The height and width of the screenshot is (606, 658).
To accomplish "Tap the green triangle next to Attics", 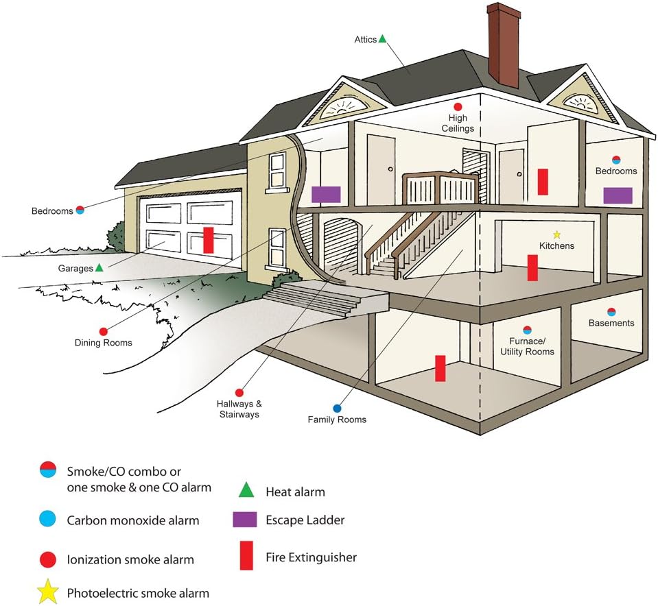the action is click(382, 38).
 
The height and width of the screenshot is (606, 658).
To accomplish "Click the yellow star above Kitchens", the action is click(556, 235).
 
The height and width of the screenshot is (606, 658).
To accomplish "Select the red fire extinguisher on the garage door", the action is click(208, 240).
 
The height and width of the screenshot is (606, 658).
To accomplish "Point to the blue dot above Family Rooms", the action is click(337, 409).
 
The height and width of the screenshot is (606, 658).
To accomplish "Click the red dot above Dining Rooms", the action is click(103, 332).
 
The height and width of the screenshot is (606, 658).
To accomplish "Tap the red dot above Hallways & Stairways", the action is click(239, 393).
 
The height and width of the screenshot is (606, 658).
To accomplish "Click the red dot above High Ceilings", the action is click(458, 107).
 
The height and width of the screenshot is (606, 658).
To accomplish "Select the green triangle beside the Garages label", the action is click(99, 267).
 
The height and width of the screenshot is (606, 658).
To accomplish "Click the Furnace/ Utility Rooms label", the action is click(527, 346).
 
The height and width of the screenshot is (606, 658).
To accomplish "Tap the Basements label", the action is click(611, 323).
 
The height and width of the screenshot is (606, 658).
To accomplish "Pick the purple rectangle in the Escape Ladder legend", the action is click(245, 519).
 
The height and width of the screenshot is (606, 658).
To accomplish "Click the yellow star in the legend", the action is click(47, 592).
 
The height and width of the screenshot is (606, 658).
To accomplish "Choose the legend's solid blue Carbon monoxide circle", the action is click(47, 519).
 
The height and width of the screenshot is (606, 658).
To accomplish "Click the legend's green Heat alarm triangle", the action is click(246, 490).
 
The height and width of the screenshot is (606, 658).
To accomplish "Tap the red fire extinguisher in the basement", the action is click(440, 368).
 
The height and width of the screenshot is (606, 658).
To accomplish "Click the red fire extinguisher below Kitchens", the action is click(532, 267).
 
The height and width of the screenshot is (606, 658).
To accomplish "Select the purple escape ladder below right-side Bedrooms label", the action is click(618, 195).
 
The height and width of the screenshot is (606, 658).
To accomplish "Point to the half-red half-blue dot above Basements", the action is click(611, 312).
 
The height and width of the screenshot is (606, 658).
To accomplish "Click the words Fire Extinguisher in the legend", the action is click(311, 557).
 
